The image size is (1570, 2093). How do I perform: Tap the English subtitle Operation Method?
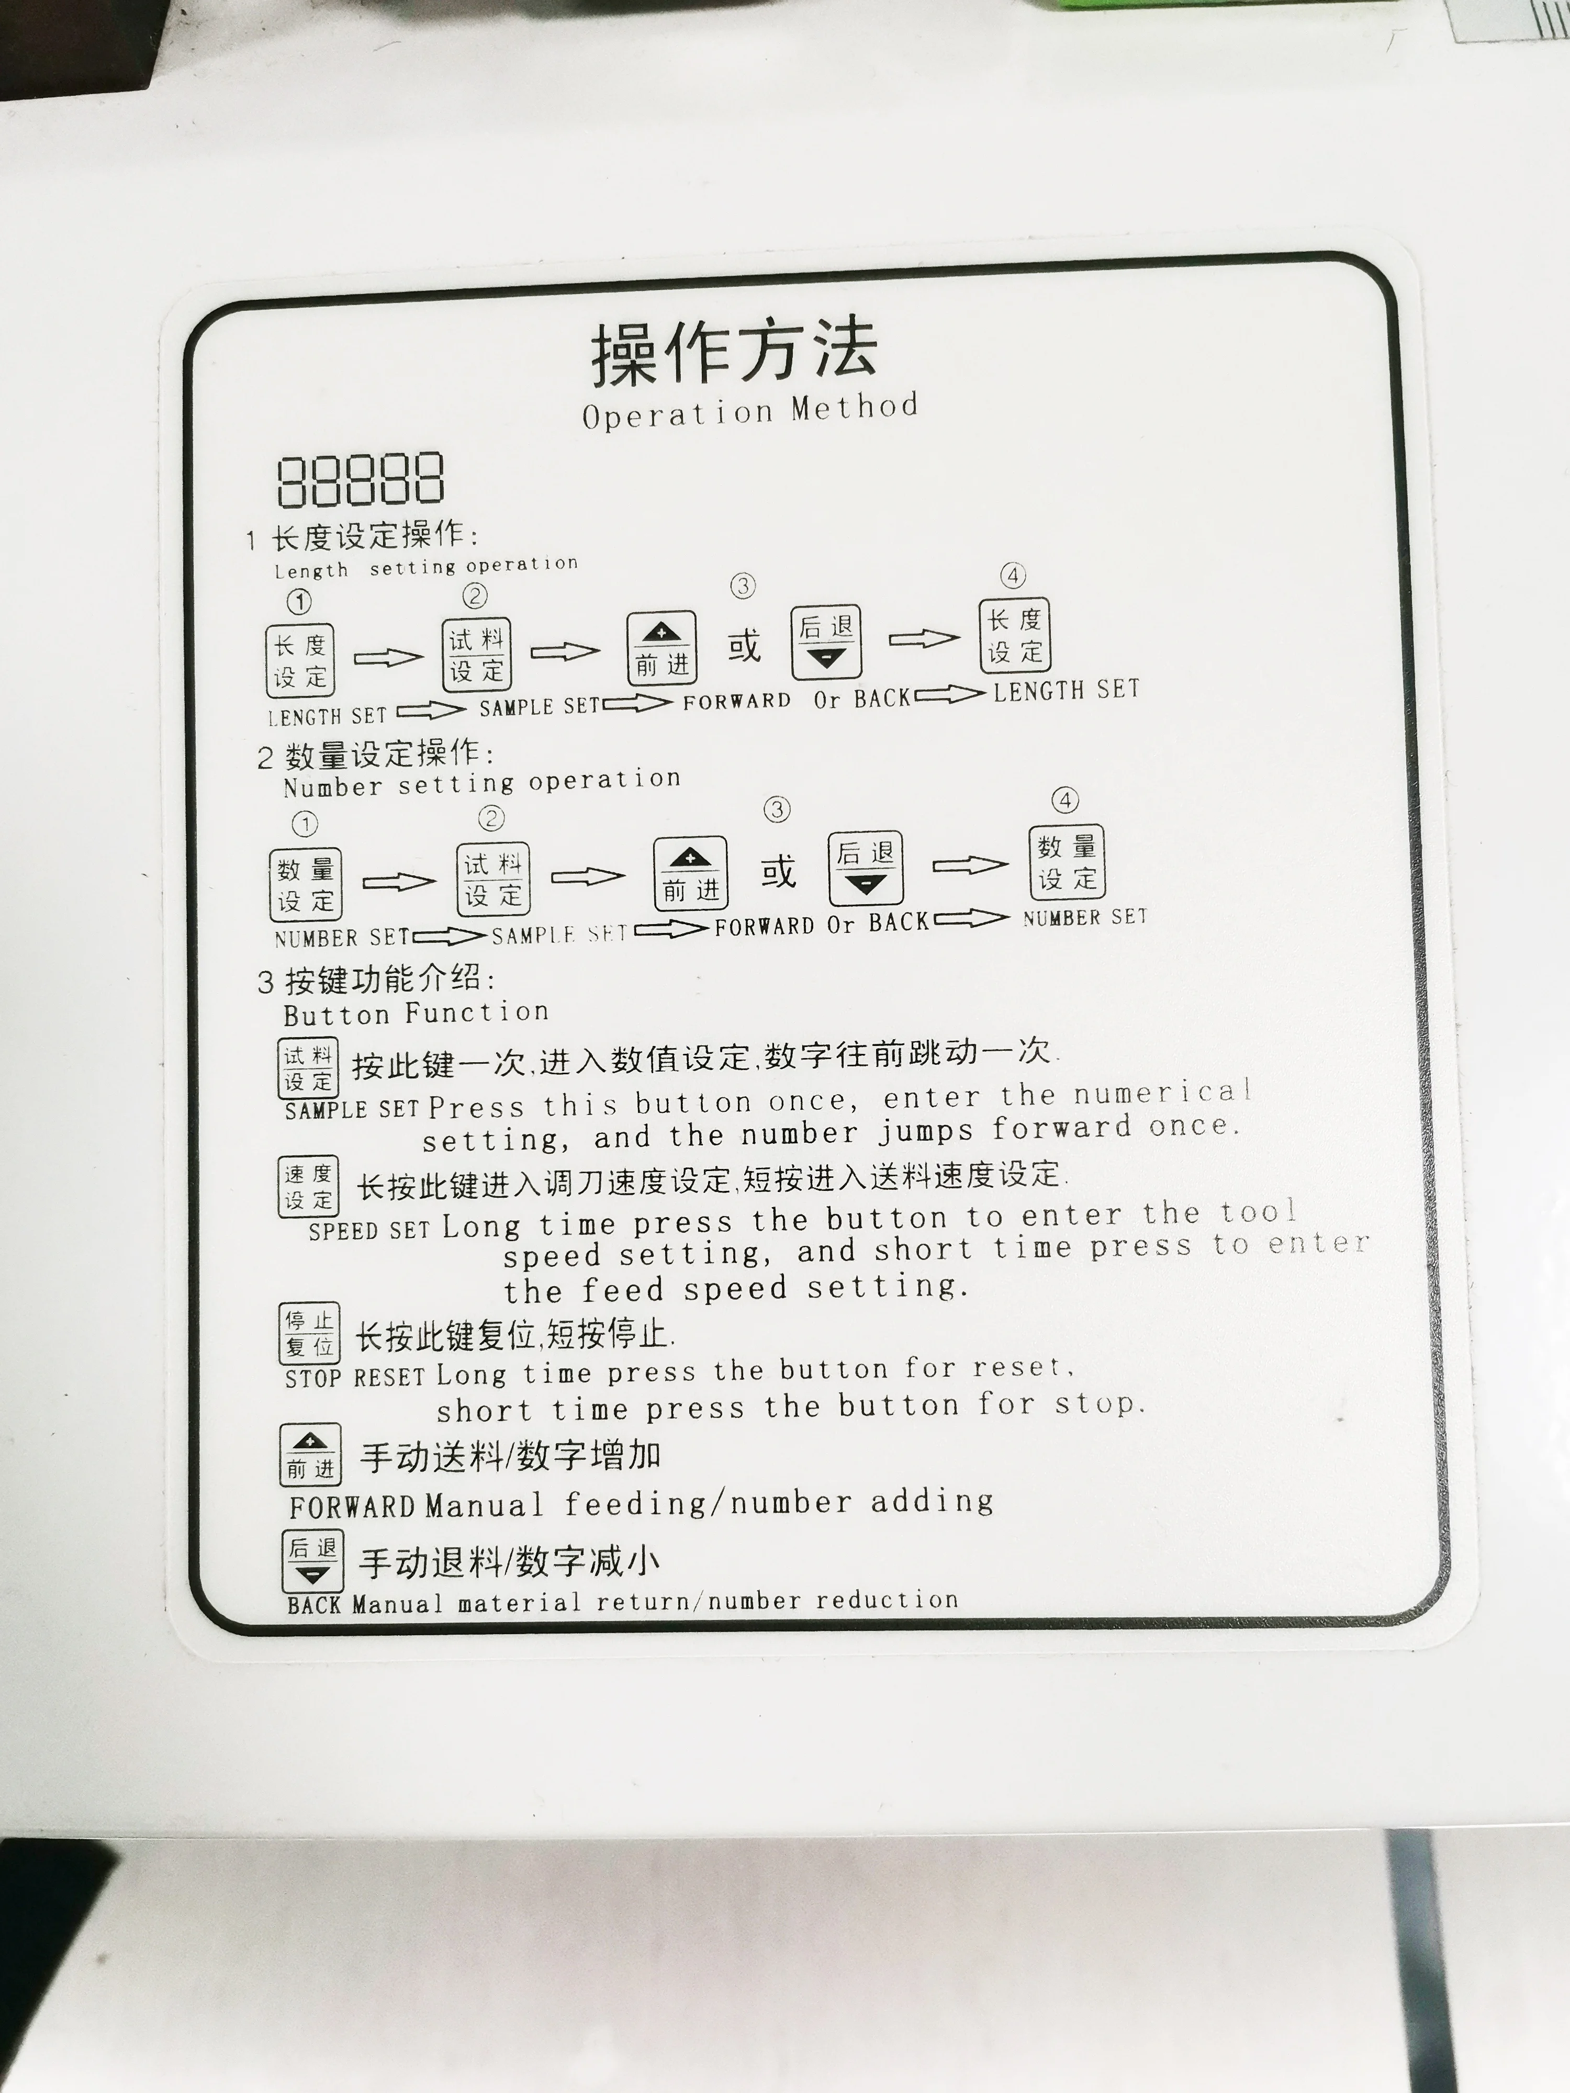click(749, 412)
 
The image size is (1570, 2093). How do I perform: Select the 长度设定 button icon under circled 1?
click(300, 660)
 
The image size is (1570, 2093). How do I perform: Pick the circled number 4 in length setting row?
click(1013, 575)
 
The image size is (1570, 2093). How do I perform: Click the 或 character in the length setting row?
click(744, 646)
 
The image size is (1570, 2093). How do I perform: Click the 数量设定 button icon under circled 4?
click(1067, 862)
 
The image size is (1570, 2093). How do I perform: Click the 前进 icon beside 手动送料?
click(310, 1454)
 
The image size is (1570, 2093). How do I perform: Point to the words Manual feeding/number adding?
click(710, 1503)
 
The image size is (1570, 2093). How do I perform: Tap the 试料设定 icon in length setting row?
click(477, 655)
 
